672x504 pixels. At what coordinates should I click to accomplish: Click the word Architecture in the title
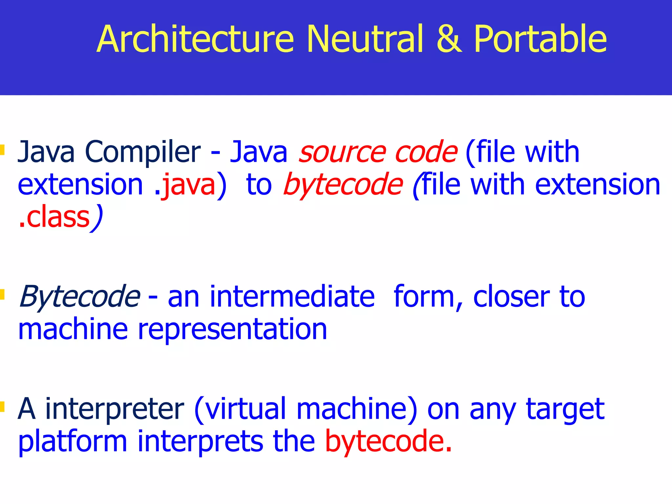pos(195,39)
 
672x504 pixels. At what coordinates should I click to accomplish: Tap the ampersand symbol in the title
pos(449,39)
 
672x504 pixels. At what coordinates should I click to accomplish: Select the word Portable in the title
pos(540,39)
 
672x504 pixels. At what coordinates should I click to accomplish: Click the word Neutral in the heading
pos(365,39)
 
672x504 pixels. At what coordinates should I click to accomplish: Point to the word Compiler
pos(142,153)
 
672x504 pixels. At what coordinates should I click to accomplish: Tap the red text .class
pos(54,218)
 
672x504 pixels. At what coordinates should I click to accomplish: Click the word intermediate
pos(292,297)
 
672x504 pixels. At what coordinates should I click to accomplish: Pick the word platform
pos(73,442)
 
